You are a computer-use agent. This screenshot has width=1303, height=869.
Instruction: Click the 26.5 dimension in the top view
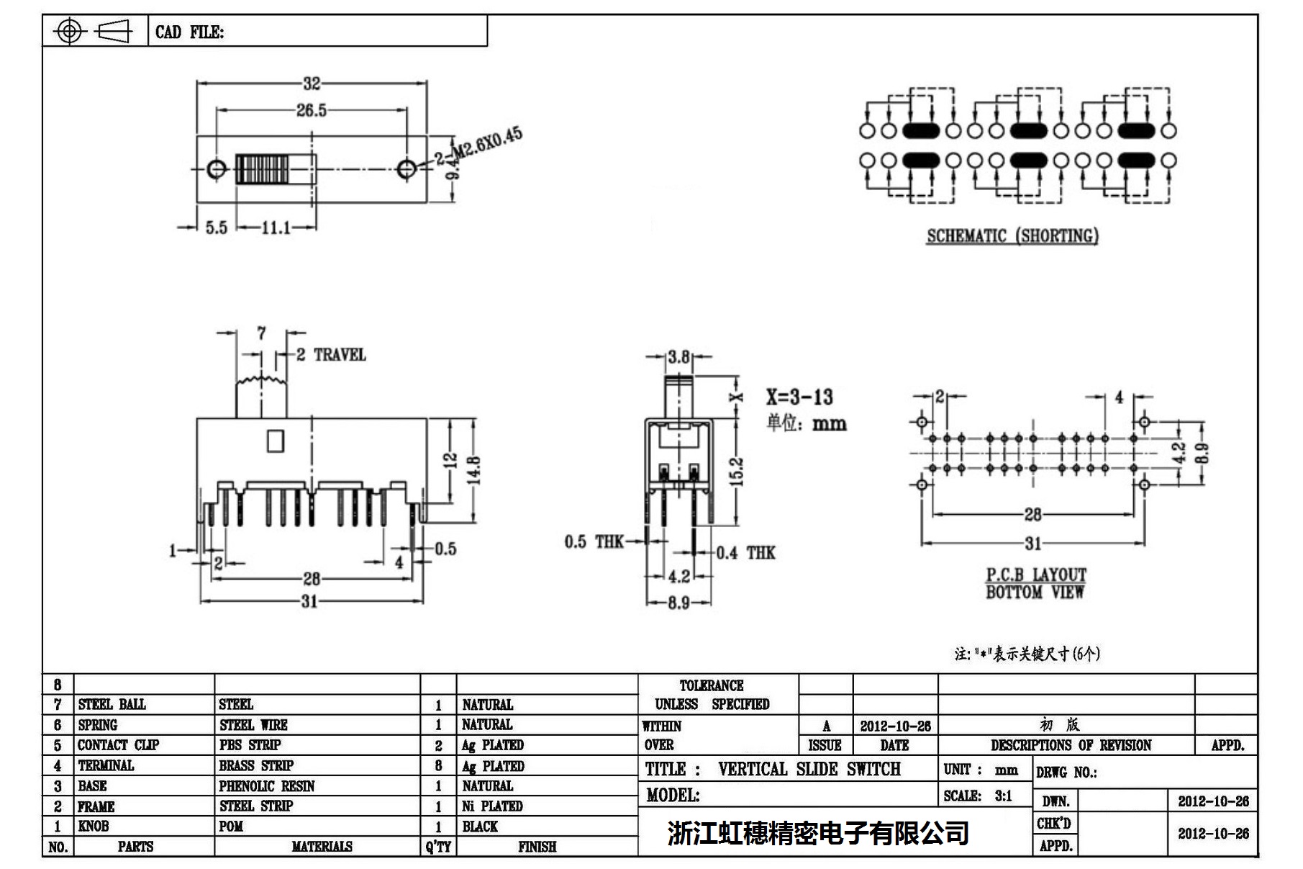coord(311,110)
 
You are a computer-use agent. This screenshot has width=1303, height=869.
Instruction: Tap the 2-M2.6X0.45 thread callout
coord(478,147)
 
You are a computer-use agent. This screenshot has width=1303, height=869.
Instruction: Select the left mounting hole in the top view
coord(216,169)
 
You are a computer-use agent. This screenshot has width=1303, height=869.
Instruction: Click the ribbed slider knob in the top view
coord(262,170)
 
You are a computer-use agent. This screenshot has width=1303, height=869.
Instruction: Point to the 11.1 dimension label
coord(276,228)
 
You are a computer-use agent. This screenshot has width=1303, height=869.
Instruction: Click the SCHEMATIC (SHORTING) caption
coord(1012,236)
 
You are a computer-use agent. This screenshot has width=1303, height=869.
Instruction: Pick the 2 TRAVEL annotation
coord(331,355)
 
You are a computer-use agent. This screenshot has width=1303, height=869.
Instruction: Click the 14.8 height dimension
coord(474,472)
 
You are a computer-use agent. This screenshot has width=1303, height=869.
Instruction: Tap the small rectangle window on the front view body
coord(275,441)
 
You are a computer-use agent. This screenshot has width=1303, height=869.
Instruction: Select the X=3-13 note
coord(799,397)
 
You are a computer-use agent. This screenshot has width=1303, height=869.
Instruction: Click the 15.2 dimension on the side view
coord(737,472)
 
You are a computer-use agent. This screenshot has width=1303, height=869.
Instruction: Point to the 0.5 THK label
coord(594,541)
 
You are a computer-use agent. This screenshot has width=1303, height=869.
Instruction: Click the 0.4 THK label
coord(745,553)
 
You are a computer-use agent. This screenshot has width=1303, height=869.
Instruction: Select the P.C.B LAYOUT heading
coord(1035,575)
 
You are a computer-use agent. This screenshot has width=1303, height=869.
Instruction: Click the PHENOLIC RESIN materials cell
coord(266,786)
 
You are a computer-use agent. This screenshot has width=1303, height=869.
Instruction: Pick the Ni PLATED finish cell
coord(492,806)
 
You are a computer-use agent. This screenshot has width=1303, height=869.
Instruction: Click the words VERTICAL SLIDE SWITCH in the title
coord(809,770)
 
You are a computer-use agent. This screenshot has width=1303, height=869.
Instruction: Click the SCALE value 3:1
coord(1003,796)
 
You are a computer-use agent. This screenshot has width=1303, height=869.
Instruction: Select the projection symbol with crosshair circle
coord(69,31)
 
